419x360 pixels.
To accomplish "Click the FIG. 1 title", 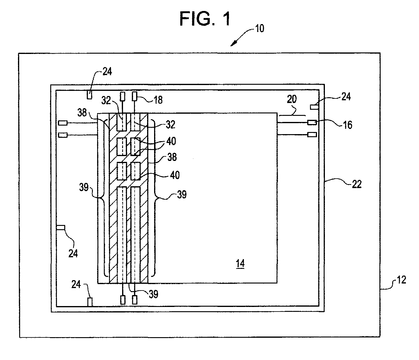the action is (x=205, y=19).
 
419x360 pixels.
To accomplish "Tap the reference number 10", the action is (x=260, y=29).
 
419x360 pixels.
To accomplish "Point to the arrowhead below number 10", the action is (x=233, y=43).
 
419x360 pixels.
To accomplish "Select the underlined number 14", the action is (x=241, y=264).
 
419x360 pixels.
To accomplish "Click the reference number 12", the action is (x=401, y=280).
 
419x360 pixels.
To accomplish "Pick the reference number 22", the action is (x=357, y=184).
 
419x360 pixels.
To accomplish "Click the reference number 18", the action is (x=158, y=100).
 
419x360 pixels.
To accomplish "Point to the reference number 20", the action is (x=292, y=99).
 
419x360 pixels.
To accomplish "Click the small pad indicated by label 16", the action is (x=312, y=123).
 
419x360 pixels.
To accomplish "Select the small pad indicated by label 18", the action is (x=135, y=96).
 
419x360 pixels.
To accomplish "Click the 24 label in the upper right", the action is (x=346, y=97).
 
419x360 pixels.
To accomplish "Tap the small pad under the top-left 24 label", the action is (x=90, y=94).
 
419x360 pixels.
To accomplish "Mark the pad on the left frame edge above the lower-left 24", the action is (x=61, y=227).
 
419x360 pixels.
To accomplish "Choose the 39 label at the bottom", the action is (x=153, y=294).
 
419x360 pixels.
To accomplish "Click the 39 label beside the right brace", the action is (x=182, y=194).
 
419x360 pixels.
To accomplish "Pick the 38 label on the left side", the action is (x=82, y=112).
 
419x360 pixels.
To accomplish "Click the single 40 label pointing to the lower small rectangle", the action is (x=175, y=175).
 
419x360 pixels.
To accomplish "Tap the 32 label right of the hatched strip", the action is (x=171, y=125).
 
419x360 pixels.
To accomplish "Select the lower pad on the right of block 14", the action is (x=312, y=134).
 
